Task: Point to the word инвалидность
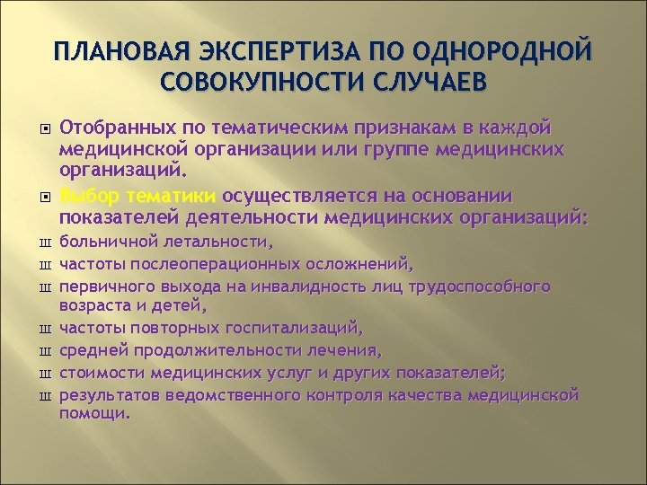(302, 287)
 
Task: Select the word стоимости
(103, 371)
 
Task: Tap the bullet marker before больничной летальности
(40, 243)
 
